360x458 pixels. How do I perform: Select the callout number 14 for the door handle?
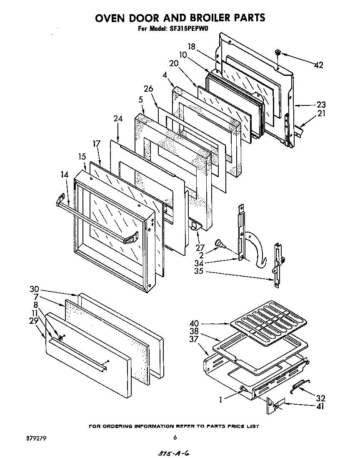[64, 175]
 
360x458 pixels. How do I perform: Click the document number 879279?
[35, 438]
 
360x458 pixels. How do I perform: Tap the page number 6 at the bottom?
[175, 438]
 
